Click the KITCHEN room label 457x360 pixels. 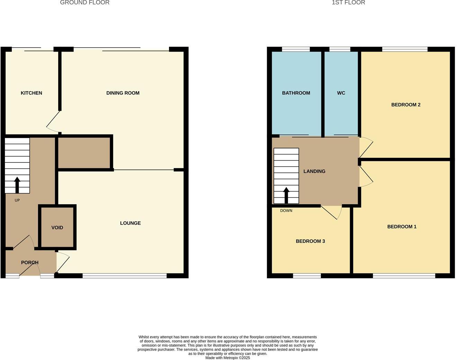(32, 93)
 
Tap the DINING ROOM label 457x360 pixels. (123, 93)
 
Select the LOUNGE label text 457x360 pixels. (130, 223)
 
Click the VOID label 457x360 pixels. (57, 227)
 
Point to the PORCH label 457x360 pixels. (30, 262)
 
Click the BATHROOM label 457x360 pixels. (296, 93)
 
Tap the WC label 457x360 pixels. (341, 93)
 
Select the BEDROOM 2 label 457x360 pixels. (406, 105)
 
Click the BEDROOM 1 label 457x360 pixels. (402, 226)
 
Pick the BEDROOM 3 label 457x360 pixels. (310, 241)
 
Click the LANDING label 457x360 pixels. (314, 171)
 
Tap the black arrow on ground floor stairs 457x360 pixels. (17, 185)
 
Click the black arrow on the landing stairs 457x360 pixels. (286, 195)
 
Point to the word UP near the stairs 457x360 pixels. (17, 200)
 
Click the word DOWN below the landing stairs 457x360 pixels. (286, 210)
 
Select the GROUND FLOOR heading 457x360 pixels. (85, 3)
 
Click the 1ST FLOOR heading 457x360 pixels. (348, 3)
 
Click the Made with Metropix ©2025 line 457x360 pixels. (227, 358)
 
